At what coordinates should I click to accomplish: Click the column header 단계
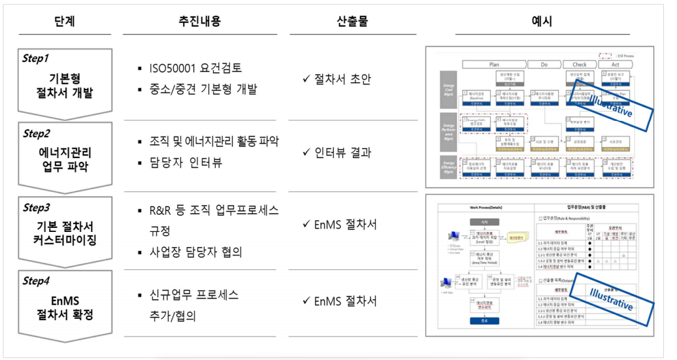click(x=65, y=22)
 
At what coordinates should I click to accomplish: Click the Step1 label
click(x=36, y=58)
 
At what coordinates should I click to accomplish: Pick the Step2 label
click(x=37, y=133)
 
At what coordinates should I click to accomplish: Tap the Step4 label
click(x=37, y=283)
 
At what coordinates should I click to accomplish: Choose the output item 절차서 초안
click(x=342, y=79)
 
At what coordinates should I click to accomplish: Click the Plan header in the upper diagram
click(x=494, y=65)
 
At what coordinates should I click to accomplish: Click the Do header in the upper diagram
click(x=544, y=65)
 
